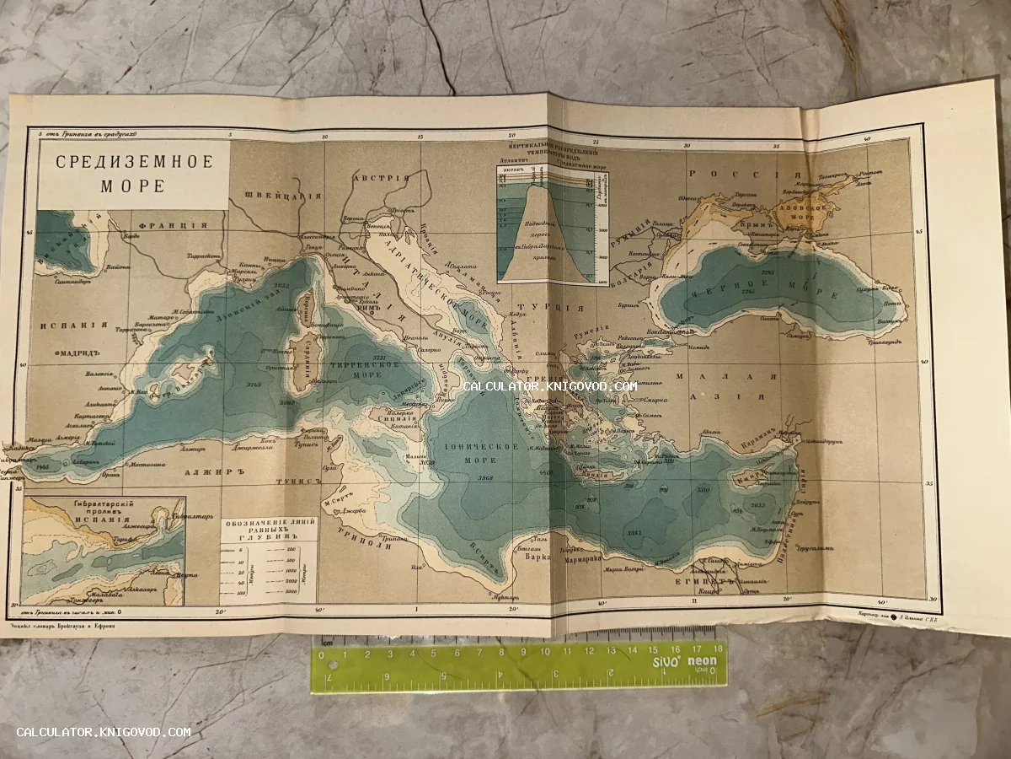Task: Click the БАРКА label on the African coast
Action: (527, 557)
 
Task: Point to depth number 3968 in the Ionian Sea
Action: (484, 479)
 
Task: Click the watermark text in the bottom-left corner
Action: (104, 732)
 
